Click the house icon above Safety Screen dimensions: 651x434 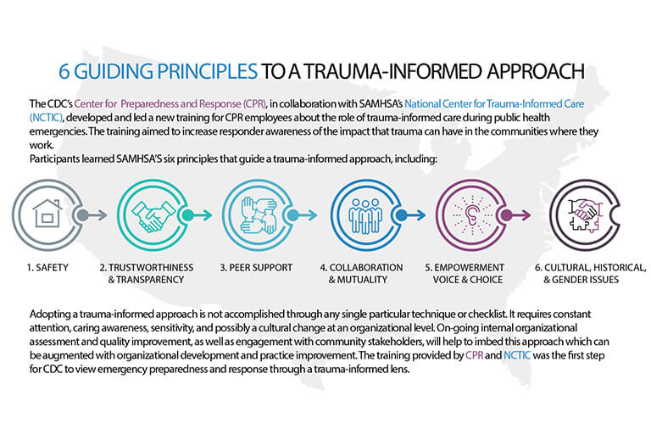[x=47, y=213]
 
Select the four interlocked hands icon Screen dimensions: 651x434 [x=258, y=214]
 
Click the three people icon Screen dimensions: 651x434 [x=365, y=216]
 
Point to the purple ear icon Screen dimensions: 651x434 [x=471, y=214]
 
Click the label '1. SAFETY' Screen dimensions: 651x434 [x=47, y=268]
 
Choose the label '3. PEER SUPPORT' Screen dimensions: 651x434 [x=256, y=268]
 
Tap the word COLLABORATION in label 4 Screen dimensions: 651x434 [x=366, y=268]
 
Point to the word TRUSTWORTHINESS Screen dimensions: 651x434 [x=151, y=268]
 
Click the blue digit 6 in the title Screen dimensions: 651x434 [x=64, y=71]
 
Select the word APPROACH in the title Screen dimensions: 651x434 [x=536, y=71]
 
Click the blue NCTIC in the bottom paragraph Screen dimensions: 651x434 [x=517, y=355]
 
